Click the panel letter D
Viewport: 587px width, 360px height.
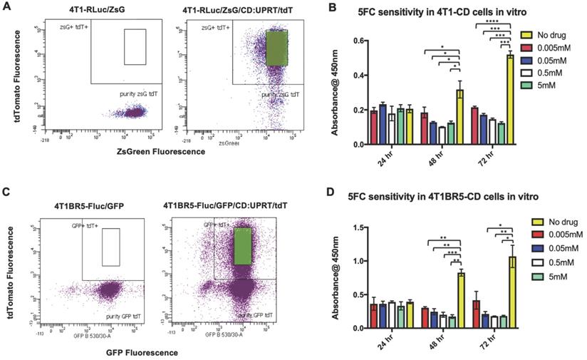pyautogui.click(x=327, y=195)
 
